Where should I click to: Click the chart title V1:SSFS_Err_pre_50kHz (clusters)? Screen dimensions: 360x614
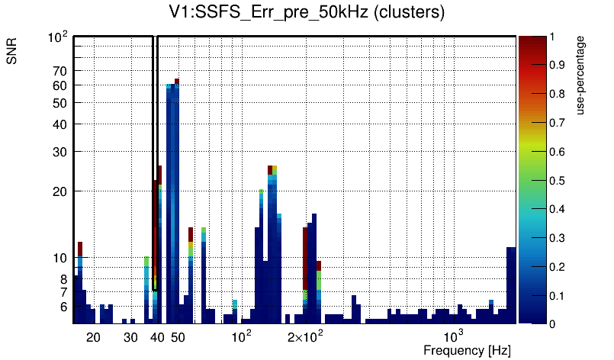[x=307, y=13]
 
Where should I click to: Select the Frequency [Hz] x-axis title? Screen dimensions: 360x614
[x=467, y=350]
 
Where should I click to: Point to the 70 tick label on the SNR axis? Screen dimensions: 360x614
[x=60, y=71]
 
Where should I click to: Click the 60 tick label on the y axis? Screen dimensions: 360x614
[x=60, y=85]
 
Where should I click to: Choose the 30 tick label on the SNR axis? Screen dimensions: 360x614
[x=60, y=151]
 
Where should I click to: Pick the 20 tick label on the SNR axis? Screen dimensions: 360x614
[x=60, y=191]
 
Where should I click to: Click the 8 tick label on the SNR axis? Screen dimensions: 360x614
[x=64, y=279]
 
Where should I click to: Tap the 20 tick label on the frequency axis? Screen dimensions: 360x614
[x=93, y=336]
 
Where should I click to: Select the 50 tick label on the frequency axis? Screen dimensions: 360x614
[x=178, y=336]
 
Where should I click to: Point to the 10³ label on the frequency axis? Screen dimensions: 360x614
[x=454, y=336]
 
